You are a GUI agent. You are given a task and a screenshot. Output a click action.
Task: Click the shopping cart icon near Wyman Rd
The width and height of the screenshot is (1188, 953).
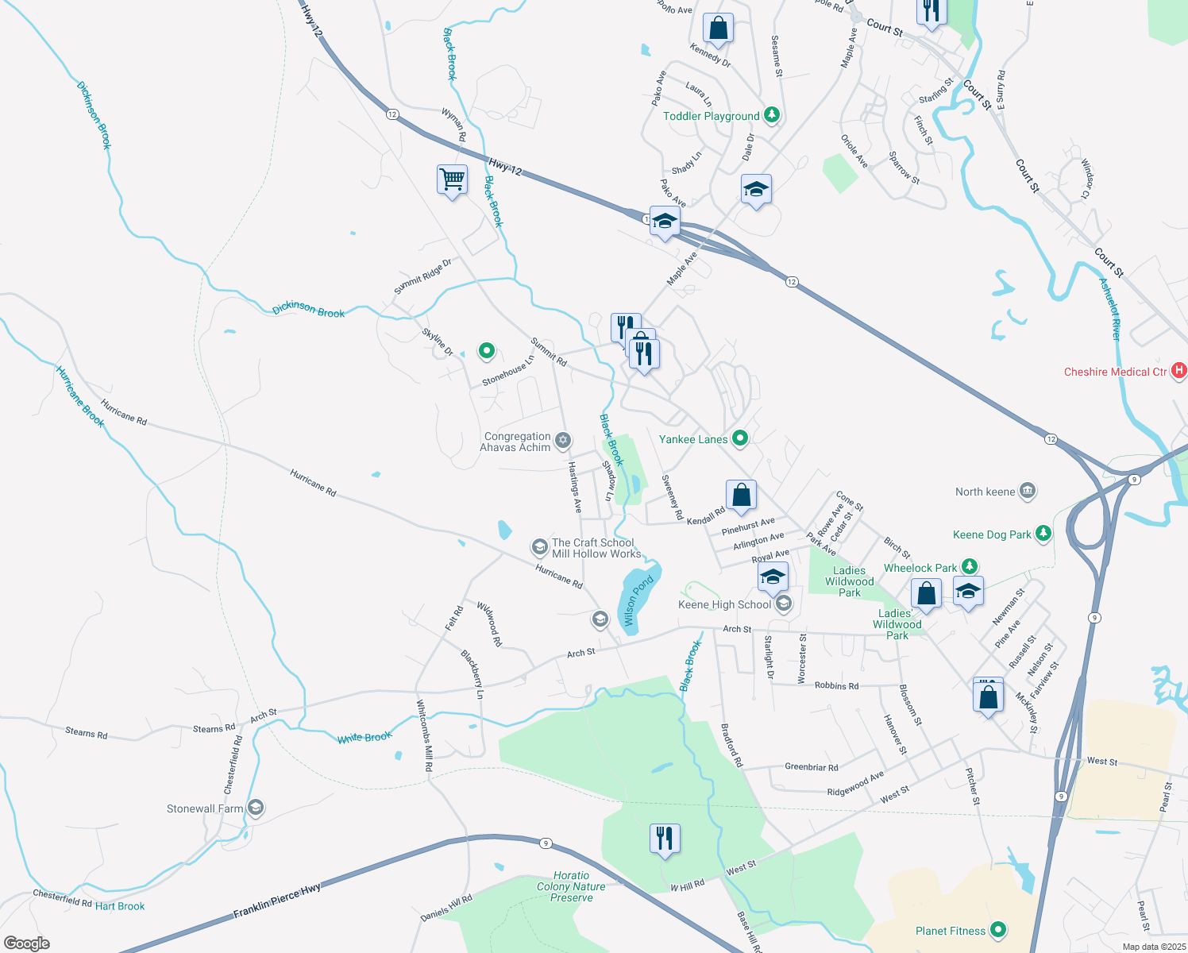pyautogui.click(x=452, y=179)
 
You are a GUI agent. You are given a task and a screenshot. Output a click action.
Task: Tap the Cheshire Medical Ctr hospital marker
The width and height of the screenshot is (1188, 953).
pyautogui.click(x=1179, y=371)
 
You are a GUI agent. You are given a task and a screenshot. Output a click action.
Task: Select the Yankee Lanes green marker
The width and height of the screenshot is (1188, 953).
pyautogui.click(x=740, y=438)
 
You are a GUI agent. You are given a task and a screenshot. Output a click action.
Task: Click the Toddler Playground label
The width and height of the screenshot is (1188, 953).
pyautogui.click(x=711, y=116)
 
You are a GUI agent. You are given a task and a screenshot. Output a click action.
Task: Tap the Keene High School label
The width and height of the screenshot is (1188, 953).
pyautogui.click(x=724, y=604)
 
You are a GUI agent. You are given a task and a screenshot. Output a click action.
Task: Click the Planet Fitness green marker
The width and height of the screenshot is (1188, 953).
pyautogui.click(x=999, y=930)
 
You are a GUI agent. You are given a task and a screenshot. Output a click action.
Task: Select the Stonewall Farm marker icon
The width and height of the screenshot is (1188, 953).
pyautogui.click(x=255, y=808)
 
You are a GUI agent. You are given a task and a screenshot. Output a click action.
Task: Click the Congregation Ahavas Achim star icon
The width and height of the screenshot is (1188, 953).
pyautogui.click(x=563, y=441)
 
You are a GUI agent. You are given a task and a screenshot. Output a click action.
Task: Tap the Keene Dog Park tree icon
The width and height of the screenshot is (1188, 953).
pyautogui.click(x=1043, y=534)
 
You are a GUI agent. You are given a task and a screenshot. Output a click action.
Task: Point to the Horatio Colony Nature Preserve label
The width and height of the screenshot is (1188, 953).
pyautogui.click(x=571, y=886)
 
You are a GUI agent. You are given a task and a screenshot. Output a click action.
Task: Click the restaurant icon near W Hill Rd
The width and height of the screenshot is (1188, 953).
pyautogui.click(x=665, y=838)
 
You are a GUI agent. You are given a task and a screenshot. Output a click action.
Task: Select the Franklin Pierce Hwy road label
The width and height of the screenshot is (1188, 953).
pyautogui.click(x=277, y=902)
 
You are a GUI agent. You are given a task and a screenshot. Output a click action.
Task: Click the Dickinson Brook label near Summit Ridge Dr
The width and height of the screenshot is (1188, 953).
pyautogui.click(x=308, y=310)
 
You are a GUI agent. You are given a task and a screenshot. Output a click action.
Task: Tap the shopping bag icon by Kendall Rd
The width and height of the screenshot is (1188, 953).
pyautogui.click(x=741, y=496)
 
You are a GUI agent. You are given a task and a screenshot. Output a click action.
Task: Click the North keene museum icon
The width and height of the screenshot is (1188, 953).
pyautogui.click(x=1028, y=491)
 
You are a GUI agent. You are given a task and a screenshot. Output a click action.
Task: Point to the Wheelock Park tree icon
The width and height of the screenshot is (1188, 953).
pyautogui.click(x=969, y=567)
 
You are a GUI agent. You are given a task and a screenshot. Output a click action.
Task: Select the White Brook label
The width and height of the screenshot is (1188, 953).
pyautogui.click(x=364, y=737)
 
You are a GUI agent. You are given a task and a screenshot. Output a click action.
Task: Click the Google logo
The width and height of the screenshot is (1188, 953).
pyautogui.click(x=27, y=943)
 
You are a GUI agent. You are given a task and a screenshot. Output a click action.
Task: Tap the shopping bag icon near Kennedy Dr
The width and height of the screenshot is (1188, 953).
pyautogui.click(x=718, y=29)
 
